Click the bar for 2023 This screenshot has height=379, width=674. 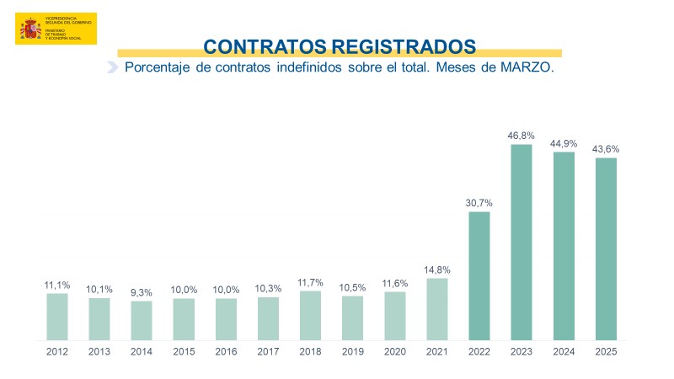522,243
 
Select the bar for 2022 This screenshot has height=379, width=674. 479,276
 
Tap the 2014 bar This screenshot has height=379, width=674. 142,321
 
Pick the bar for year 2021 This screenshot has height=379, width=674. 437,309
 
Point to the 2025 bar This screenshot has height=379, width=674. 606,249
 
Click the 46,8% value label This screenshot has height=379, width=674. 522,135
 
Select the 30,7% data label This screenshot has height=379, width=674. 479,202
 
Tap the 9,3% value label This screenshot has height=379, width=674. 142,291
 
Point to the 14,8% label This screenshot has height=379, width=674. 437,270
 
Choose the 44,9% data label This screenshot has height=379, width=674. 564,142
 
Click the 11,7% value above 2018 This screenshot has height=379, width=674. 310,281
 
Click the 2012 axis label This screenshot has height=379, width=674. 56,353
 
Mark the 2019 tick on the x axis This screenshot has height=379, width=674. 352,353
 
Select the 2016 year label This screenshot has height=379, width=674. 226,353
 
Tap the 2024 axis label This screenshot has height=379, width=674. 564,353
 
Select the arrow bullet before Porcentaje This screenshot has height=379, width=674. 112,67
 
